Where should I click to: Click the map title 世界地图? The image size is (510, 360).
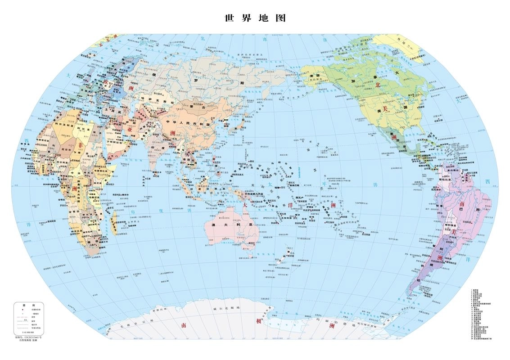(x=255, y=18)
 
